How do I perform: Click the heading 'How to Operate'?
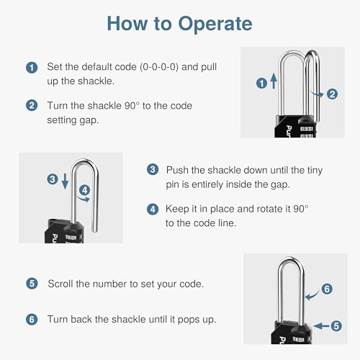pos(179,23)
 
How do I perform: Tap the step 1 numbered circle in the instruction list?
pos(32,68)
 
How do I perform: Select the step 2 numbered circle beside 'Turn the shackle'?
pos(32,105)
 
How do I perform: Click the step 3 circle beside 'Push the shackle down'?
pos(152,170)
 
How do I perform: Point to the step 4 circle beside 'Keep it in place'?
pos(152,210)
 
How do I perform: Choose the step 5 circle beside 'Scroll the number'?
pos(32,284)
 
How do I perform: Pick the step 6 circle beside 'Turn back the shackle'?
pos(32,319)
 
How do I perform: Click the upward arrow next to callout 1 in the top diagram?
pos(274,84)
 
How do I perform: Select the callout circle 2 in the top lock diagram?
pos(332,94)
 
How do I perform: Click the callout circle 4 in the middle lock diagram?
pos(86,191)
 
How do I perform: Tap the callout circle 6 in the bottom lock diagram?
pos(326,289)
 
